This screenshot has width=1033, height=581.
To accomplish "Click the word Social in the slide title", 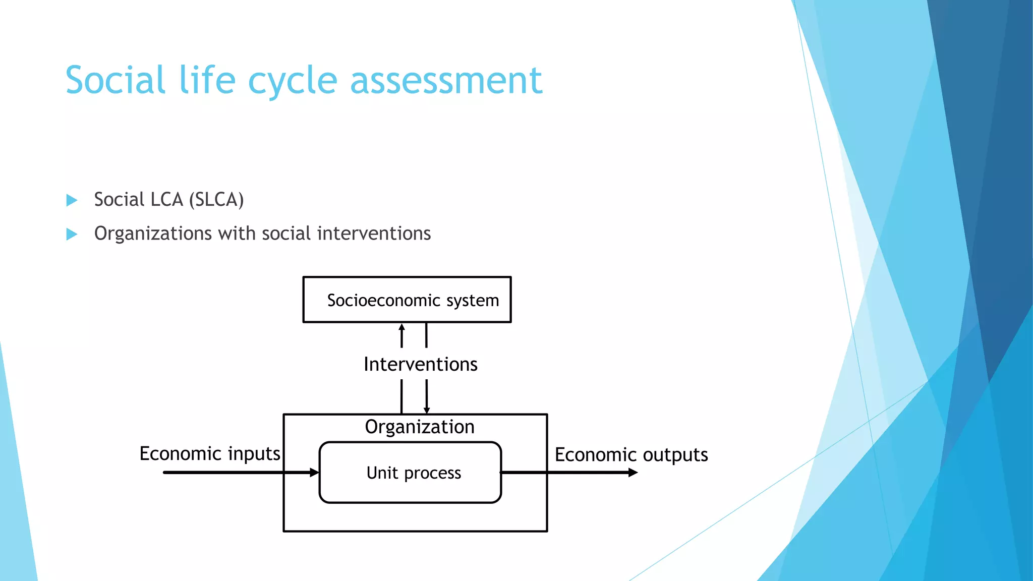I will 116,80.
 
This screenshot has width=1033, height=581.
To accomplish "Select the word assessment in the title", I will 446,81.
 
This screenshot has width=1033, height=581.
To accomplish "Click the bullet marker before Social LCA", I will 72,200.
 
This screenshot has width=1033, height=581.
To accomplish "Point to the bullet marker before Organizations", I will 72,234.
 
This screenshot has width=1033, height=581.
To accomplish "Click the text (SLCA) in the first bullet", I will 216,200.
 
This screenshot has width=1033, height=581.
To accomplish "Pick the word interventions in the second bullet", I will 374,234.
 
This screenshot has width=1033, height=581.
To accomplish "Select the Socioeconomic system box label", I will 413,301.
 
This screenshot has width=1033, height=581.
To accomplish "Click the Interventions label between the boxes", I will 420,364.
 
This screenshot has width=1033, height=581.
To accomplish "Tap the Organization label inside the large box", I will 420,427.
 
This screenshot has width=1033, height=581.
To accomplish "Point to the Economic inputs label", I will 209,453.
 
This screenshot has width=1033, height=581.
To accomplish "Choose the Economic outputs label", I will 631,455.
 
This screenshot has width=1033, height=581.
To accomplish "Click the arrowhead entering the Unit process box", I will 314,473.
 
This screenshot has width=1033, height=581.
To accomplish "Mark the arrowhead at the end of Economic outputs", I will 633,473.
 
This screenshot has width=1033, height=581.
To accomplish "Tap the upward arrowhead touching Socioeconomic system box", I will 401,328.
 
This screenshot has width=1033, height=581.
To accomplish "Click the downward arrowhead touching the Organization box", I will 427,410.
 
